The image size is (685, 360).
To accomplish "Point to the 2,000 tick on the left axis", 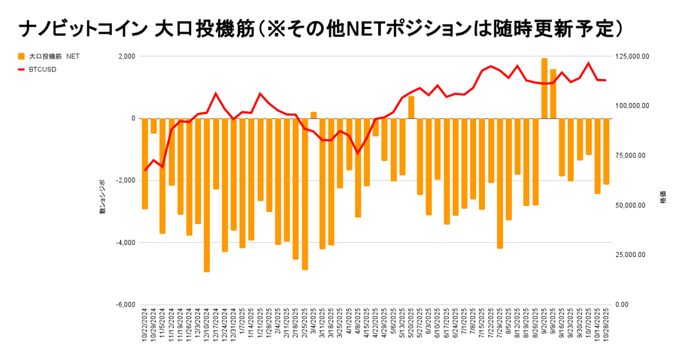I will (x=125, y=56).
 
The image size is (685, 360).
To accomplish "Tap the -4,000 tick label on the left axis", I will (x=124, y=242).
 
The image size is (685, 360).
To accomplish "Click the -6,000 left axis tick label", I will (x=124, y=304).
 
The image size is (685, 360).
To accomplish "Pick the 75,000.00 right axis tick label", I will (x=633, y=155).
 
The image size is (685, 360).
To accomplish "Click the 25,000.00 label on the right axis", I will (x=633, y=255).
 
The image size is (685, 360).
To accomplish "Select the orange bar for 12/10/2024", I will (x=207, y=195).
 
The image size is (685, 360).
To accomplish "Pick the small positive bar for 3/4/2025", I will (x=314, y=115).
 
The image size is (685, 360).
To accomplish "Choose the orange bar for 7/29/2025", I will (x=500, y=183).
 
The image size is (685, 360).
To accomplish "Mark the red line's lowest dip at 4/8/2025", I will (x=358, y=153).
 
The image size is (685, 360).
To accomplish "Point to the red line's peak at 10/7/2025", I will (x=589, y=64).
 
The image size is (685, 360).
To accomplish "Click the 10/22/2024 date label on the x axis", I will (x=145, y=325).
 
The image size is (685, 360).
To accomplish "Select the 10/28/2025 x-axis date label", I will (x=607, y=325).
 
